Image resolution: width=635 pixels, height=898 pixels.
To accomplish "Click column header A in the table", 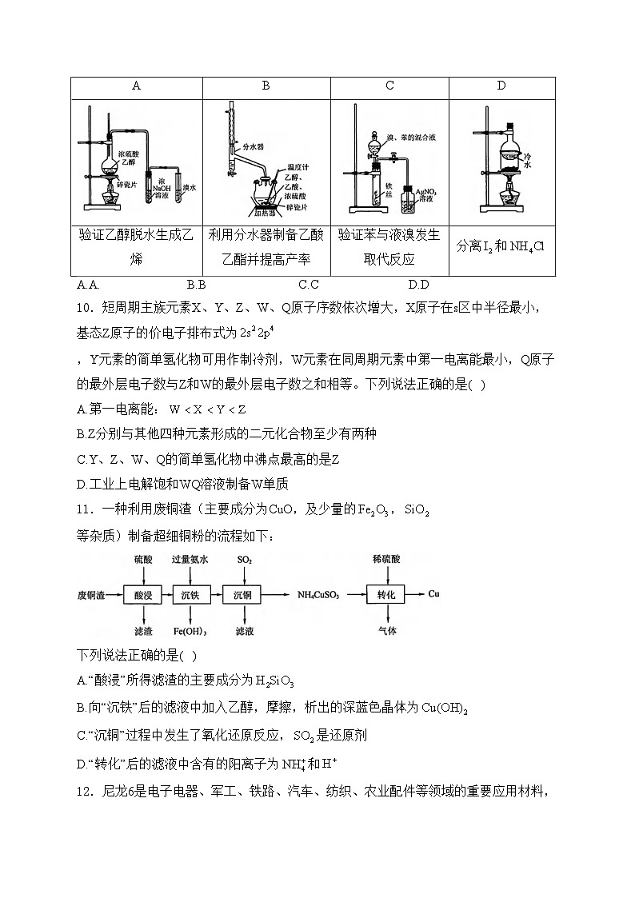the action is point(137,86).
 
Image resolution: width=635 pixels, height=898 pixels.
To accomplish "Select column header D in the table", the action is point(501,86).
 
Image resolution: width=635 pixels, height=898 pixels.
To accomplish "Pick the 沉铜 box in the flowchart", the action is point(243,594).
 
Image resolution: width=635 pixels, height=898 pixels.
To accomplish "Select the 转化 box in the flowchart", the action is point(387,594).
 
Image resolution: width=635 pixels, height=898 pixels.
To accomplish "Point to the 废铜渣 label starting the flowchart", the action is point(91,594).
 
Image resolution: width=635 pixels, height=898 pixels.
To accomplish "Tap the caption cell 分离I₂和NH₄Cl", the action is point(501,246).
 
